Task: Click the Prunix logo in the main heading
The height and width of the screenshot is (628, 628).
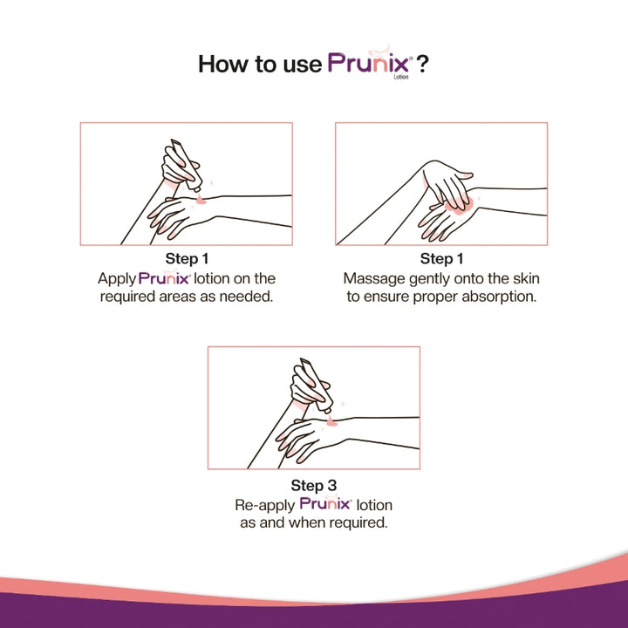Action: click(x=371, y=64)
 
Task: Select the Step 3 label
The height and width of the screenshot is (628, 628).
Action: click(x=314, y=486)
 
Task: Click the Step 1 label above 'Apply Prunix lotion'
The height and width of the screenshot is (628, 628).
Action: click(x=187, y=259)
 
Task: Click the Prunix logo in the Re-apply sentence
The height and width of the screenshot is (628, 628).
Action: click(x=324, y=504)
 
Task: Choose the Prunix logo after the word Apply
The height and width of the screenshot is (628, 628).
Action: click(x=164, y=278)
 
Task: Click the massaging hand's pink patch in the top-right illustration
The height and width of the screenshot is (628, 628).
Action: click(x=458, y=203)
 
